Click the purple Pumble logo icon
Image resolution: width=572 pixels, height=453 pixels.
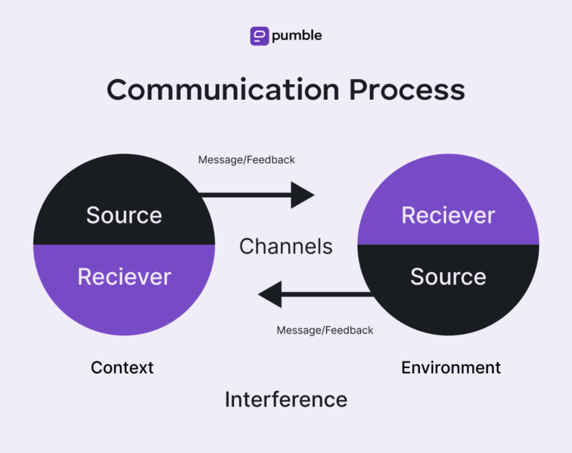[x=259, y=36]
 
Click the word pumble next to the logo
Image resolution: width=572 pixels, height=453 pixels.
[x=296, y=36]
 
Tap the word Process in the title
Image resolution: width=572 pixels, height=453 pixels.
[x=407, y=89]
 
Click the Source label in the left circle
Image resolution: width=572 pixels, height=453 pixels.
[x=124, y=215]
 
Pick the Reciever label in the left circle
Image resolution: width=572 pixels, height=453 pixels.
[x=124, y=276]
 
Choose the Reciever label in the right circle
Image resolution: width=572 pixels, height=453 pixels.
[x=448, y=215]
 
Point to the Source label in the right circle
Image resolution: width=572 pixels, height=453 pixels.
[x=448, y=276]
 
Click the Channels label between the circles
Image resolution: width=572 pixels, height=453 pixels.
[x=286, y=246]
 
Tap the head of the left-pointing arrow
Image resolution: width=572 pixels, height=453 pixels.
[x=270, y=294]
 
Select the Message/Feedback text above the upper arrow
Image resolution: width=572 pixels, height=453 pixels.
[x=247, y=159]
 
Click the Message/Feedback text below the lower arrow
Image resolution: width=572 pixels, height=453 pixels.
[x=325, y=330]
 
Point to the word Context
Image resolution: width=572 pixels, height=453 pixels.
[x=122, y=367]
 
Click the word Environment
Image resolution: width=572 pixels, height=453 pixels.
[x=451, y=367]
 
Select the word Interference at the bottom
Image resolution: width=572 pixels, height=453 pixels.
[x=286, y=399]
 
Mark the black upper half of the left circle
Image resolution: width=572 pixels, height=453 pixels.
[x=124, y=186]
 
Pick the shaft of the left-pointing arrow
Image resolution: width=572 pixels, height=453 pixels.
[x=328, y=294]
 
